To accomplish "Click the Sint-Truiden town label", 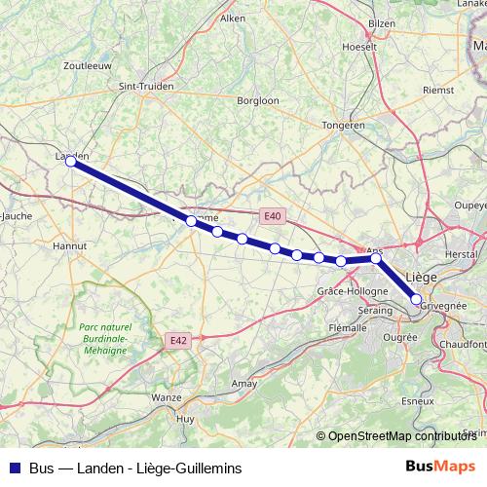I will click(x=146, y=86).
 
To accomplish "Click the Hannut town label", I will click(x=68, y=246).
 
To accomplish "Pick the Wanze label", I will click(x=167, y=397).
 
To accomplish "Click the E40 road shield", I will click(x=272, y=216).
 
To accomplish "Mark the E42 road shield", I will click(x=177, y=340).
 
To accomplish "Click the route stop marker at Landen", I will click(x=71, y=162).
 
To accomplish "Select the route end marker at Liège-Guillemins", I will click(x=416, y=300).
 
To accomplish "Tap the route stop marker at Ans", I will click(x=376, y=258).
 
